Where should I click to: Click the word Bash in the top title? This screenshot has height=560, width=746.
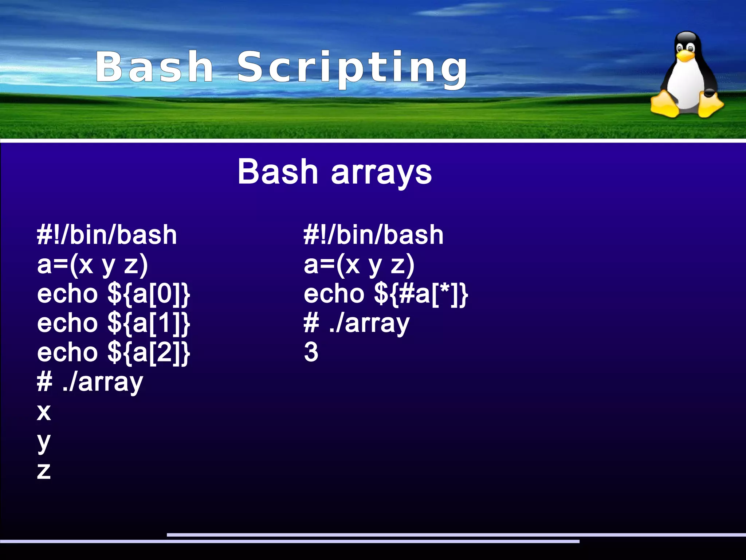(x=154, y=67)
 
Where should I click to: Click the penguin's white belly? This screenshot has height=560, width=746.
(x=687, y=88)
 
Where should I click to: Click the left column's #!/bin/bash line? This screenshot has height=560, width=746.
(x=107, y=235)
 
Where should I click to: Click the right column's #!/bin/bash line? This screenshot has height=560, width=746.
(x=374, y=235)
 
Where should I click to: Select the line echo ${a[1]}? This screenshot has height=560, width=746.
(x=114, y=323)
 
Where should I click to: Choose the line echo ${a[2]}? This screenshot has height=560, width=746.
(x=114, y=353)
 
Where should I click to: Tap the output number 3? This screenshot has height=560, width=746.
(x=311, y=352)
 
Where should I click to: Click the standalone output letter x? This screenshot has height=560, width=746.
(x=44, y=412)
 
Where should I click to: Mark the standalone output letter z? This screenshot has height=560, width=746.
(x=44, y=471)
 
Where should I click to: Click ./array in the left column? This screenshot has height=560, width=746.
(x=103, y=383)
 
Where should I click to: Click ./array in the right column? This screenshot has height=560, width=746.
(x=369, y=324)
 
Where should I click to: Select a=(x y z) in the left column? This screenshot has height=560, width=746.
(x=93, y=265)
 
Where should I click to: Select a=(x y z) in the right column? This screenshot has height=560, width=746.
(x=359, y=265)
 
